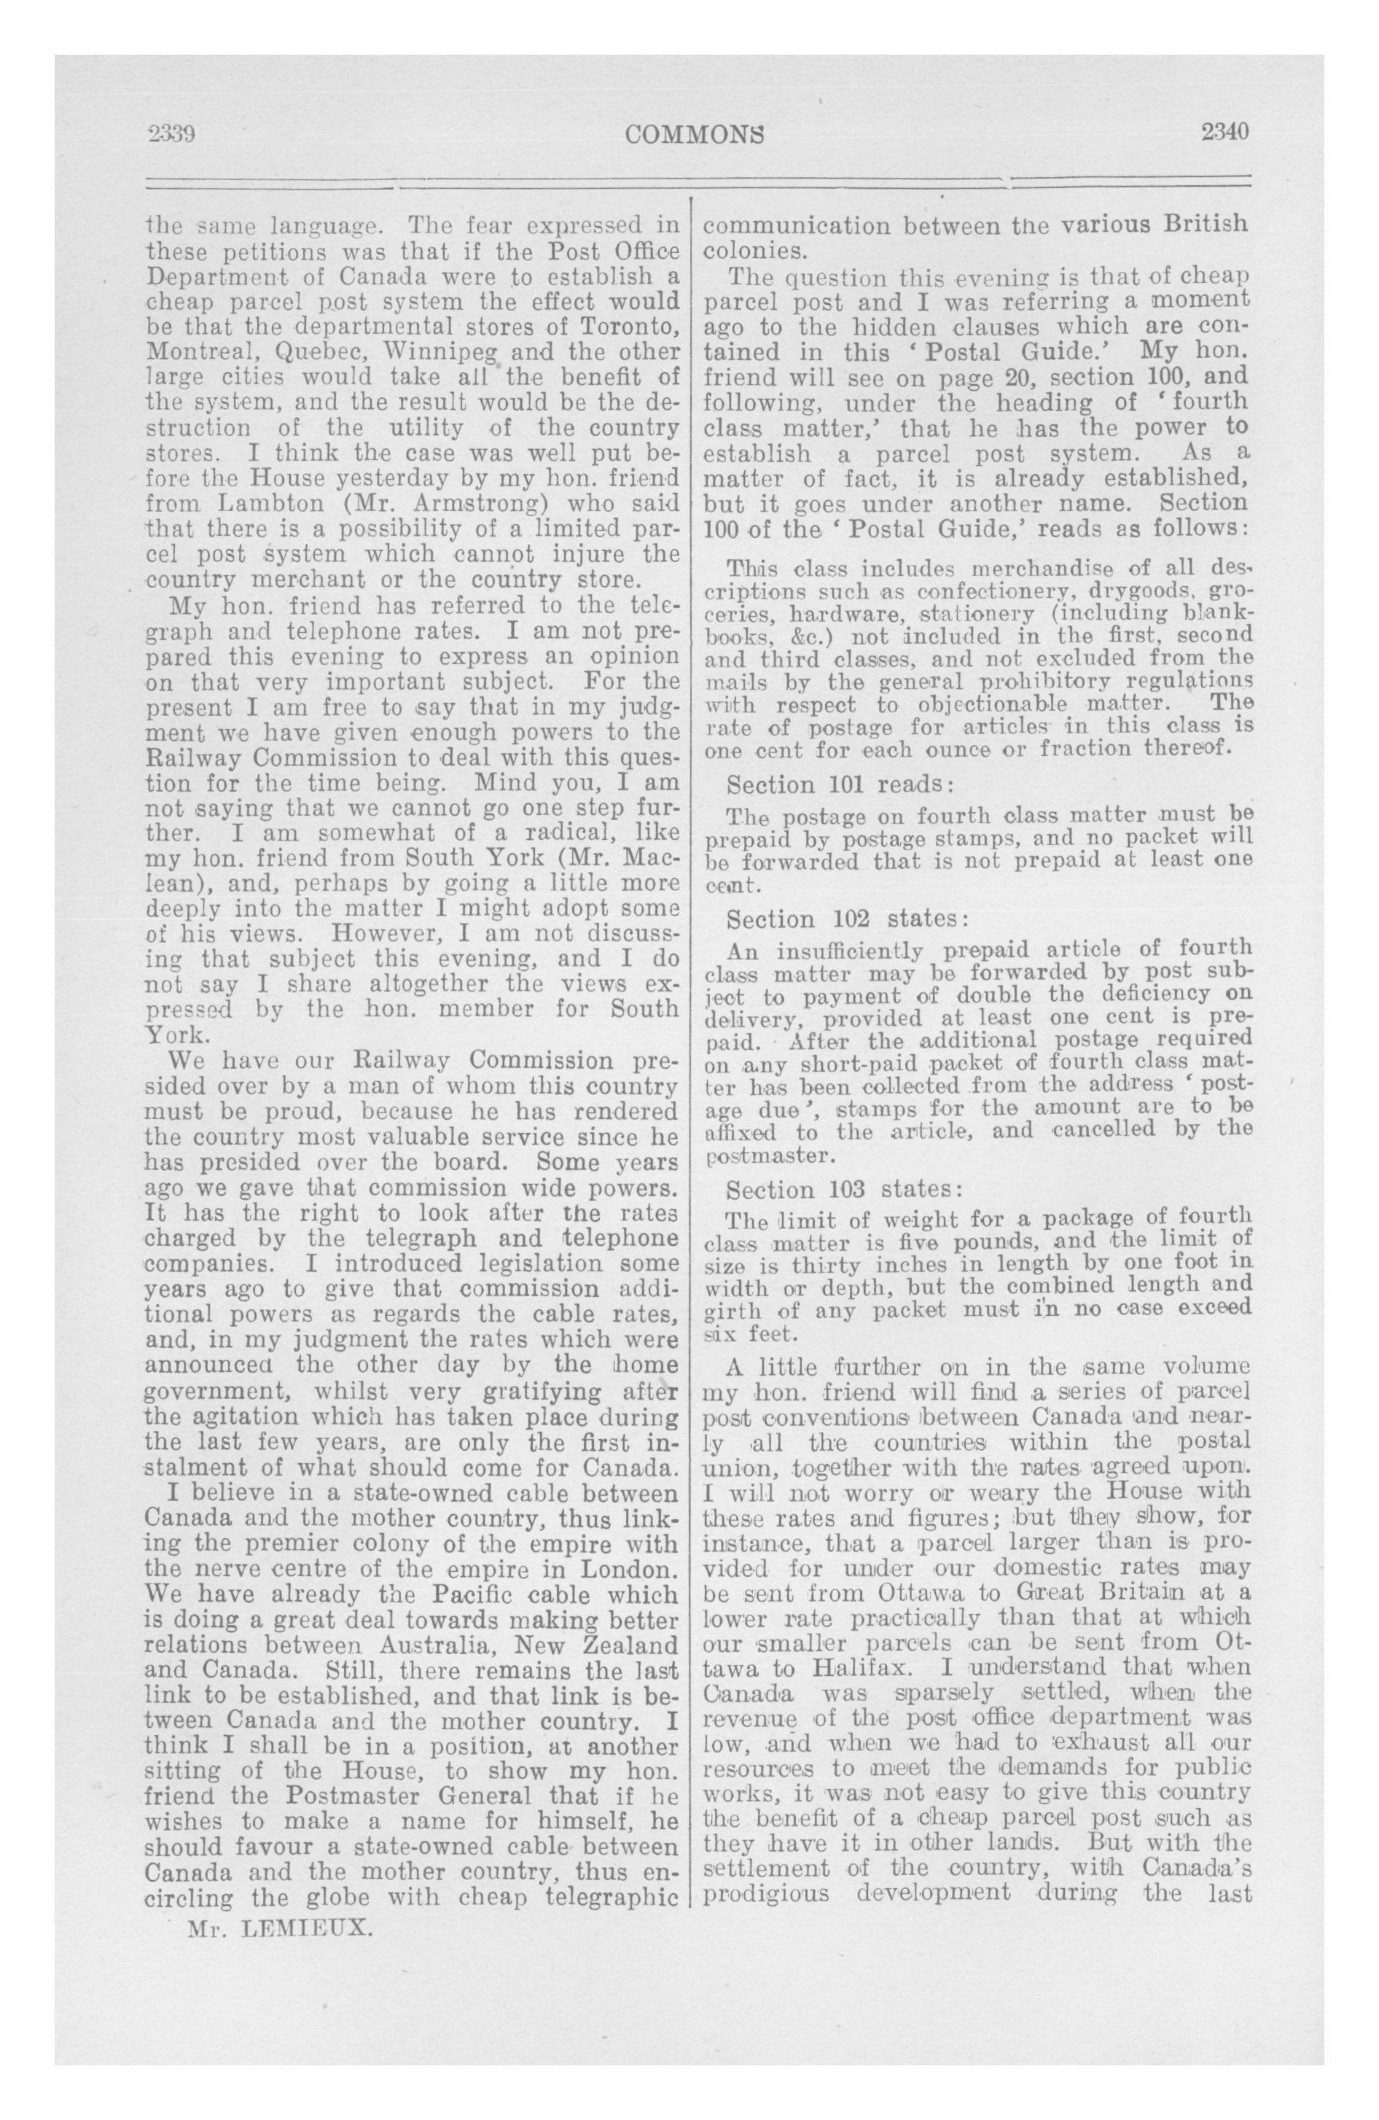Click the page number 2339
(171, 133)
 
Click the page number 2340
(1225, 132)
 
